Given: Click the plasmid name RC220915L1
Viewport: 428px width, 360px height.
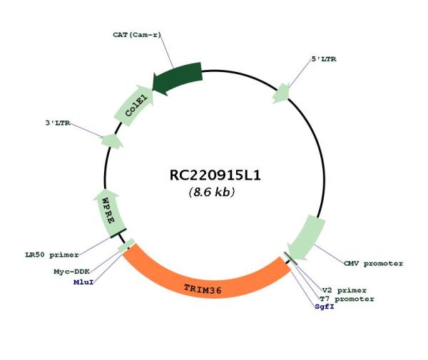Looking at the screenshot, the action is pyautogui.click(x=215, y=175).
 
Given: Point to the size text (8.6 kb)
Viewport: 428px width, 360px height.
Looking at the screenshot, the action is pyautogui.click(x=212, y=192).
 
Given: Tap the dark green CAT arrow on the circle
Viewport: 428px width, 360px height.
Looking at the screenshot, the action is pyautogui.click(x=178, y=78).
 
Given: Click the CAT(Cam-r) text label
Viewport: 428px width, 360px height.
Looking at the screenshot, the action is pyautogui.click(x=137, y=35).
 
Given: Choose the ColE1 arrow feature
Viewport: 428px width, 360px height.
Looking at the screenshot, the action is pyautogui.click(x=134, y=106).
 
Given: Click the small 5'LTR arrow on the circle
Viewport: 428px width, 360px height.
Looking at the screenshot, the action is pyautogui.click(x=281, y=93).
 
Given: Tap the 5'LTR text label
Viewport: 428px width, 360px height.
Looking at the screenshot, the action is pyautogui.click(x=324, y=59).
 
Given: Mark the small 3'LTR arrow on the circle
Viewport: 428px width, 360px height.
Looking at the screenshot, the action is pyautogui.click(x=112, y=141).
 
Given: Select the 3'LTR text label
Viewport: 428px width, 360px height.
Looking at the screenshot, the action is pyautogui.click(x=58, y=123).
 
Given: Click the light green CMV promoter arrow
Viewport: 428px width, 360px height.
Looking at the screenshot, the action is pyautogui.click(x=307, y=238).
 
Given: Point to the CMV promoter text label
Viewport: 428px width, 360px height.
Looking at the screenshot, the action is pyautogui.click(x=373, y=264).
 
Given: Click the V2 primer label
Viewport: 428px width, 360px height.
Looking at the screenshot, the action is pyautogui.click(x=345, y=290).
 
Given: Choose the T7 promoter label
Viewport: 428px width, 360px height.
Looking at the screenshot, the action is pyautogui.click(x=347, y=299).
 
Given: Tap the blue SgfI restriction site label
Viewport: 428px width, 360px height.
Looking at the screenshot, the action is pyautogui.click(x=325, y=307).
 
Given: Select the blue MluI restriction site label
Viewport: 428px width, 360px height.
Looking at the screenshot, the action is pyautogui.click(x=83, y=282).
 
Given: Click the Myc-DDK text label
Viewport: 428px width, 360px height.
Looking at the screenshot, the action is pyautogui.click(x=72, y=272).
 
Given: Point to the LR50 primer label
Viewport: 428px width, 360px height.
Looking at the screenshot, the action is pyautogui.click(x=52, y=255).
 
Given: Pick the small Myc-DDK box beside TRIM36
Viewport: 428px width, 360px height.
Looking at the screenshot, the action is pyautogui.click(x=126, y=245).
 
